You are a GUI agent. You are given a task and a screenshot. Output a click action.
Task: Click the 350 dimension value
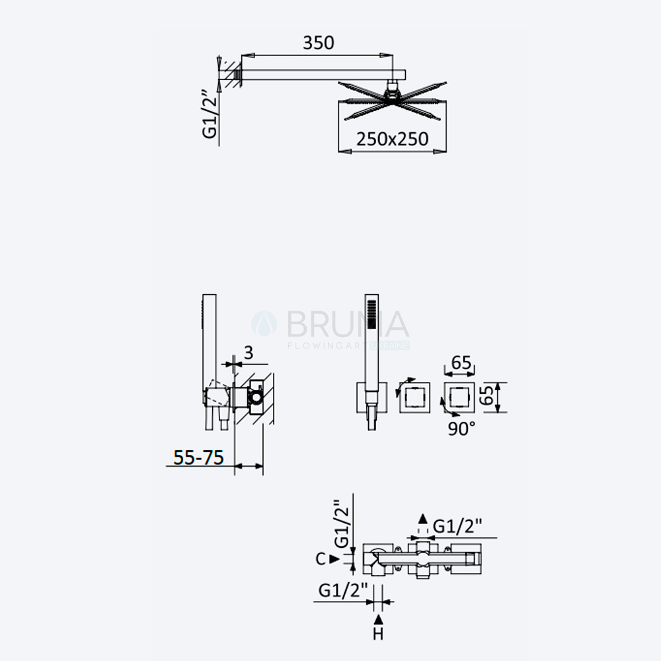pos(319,42)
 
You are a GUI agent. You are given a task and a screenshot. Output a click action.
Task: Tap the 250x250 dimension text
pos(392,139)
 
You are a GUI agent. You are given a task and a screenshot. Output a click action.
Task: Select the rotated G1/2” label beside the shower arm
pos(210,114)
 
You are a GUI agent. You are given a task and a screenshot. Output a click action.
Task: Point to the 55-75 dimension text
pos(198,457)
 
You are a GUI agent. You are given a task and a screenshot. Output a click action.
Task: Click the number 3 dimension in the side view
pos(249,353)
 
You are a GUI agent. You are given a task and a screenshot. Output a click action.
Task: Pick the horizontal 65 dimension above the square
pos(461,362)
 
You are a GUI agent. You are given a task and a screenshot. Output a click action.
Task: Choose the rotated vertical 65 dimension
pos(487,395)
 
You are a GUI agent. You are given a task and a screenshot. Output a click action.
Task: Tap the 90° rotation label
pos(461,429)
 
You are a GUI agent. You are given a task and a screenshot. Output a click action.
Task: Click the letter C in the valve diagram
pos(321,559)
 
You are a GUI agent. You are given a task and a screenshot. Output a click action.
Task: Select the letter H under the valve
pos(378,634)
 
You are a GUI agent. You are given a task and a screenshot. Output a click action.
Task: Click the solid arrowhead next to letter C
pos(334,559)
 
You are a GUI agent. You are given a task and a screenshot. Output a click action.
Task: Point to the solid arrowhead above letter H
pos(379,619)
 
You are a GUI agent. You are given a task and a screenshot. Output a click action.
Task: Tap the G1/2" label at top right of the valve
pos(457,527)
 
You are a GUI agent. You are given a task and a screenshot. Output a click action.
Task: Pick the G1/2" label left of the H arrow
pos(343,590)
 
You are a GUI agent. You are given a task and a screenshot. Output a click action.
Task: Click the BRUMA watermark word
pos(348,324)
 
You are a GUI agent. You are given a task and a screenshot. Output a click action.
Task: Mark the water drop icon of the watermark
pos(264,324)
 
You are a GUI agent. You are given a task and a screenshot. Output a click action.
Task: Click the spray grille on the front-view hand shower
pos(371,314)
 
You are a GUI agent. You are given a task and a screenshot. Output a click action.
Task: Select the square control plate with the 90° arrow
pos(459,397)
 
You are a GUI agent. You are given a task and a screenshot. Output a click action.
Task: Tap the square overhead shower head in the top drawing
pos(392,101)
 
